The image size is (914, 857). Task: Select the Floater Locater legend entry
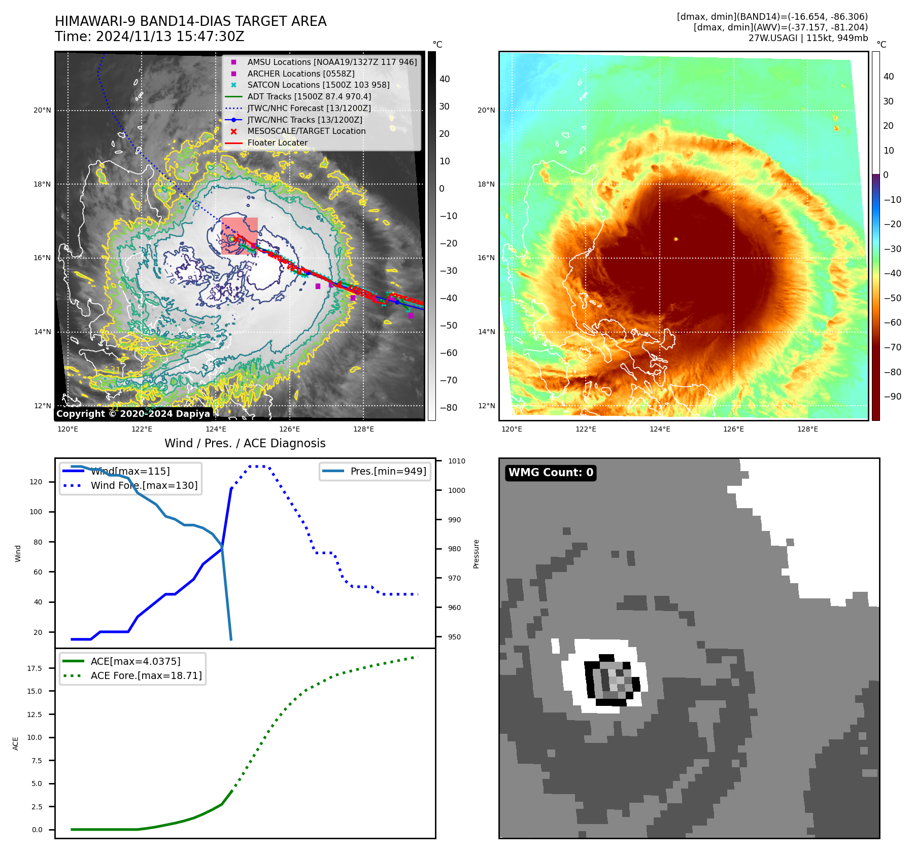click(277, 143)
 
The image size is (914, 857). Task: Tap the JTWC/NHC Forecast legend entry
click(309, 108)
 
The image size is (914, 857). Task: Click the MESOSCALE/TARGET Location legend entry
click(306, 131)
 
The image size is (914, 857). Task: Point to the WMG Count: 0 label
click(551, 473)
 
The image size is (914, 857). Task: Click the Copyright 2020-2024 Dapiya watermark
click(133, 414)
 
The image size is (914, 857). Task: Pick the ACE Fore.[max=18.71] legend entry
click(146, 676)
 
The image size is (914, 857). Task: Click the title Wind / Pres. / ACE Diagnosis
click(245, 443)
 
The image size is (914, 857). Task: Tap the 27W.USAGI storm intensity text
click(808, 38)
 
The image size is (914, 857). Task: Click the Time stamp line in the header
click(150, 37)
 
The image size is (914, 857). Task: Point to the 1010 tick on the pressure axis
click(456, 461)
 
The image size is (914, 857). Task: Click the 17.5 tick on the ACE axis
click(35, 668)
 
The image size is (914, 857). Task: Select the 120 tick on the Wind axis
click(36, 482)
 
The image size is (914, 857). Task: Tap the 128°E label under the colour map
click(807, 430)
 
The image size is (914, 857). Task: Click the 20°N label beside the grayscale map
click(43, 111)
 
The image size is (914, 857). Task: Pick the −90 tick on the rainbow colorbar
click(892, 397)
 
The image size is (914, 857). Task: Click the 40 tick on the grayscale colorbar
click(445, 79)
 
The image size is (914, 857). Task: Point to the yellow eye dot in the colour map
click(675, 239)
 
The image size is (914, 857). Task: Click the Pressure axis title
click(476, 554)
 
